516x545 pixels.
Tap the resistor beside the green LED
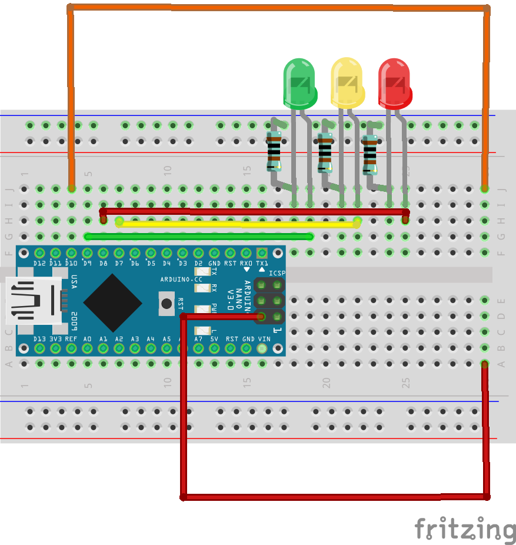click(274, 150)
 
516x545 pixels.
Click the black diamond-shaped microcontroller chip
click(112, 303)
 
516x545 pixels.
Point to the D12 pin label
click(40, 263)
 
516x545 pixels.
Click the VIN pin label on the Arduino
click(264, 339)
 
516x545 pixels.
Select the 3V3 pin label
click(55, 339)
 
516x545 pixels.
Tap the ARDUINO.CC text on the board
click(181, 278)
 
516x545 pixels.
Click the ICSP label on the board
click(277, 273)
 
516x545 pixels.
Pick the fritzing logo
click(464, 529)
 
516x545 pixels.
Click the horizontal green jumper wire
click(199, 237)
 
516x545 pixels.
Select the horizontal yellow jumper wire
click(238, 223)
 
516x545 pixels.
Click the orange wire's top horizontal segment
click(277, 8)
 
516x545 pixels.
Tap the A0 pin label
click(87, 339)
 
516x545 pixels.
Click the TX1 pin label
click(262, 263)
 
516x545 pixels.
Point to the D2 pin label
click(198, 263)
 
